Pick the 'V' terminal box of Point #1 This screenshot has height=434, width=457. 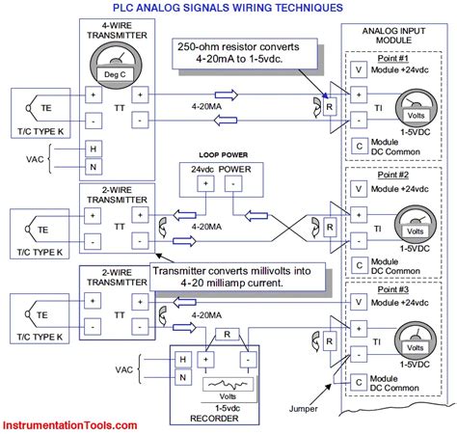(359, 70)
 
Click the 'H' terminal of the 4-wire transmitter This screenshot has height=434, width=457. (94, 149)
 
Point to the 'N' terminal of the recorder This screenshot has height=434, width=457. (180, 379)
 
